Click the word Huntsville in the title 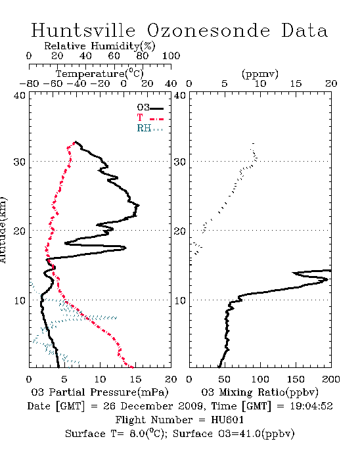pos(83,30)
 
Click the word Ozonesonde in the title pos(208,30)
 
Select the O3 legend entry pos(150,108)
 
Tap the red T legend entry pos(150,118)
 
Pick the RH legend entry pos(150,128)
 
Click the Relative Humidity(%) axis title pos(100,46)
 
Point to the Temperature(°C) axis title pos(100,74)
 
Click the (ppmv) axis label pos(260,74)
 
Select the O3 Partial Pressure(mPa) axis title pos(100,392)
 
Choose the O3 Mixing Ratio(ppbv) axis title pos(259,392)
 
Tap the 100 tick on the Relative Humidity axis pos(171,56)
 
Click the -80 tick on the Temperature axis pos(29,83)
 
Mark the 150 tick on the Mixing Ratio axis pos(296,379)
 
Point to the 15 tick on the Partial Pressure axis pos(135,379)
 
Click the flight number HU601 pos(227,420)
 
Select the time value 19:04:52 pos(311,406)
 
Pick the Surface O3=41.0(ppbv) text pos(233,434)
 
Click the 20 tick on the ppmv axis pos(331,83)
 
